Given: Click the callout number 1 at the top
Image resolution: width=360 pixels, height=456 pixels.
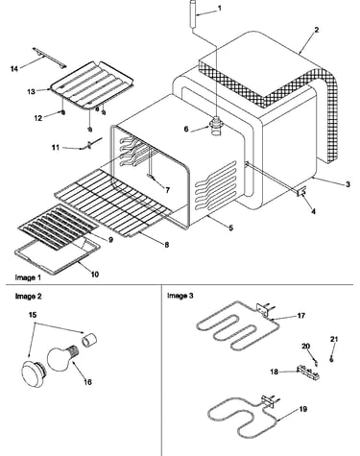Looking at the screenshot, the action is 219,9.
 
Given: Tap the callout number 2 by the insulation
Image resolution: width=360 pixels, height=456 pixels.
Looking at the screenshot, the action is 316,30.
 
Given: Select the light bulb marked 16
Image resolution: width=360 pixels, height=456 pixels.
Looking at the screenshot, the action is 63,358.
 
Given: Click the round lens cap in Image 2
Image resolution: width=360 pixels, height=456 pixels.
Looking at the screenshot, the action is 34,372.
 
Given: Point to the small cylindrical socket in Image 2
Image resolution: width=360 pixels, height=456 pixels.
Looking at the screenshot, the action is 89,340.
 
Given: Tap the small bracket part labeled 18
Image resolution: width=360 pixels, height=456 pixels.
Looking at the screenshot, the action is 308,372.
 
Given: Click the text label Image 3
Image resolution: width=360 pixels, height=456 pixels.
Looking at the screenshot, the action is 180,296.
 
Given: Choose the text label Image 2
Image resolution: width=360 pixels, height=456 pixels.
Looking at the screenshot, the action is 28,297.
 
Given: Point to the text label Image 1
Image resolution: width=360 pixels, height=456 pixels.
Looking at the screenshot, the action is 28,277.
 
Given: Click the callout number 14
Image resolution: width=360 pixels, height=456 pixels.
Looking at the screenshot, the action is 14,68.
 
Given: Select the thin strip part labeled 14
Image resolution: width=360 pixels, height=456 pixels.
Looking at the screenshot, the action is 49,58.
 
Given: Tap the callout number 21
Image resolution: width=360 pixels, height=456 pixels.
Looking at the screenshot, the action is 334,339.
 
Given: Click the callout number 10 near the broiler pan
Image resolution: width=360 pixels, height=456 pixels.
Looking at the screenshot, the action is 95,275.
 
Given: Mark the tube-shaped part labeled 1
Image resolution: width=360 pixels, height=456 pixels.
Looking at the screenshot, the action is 193,14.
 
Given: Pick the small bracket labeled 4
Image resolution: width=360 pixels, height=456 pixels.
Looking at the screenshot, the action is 301,192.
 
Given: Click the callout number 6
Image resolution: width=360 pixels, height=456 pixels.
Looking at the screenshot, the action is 186,129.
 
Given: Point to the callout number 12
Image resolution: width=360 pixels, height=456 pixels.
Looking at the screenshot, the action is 38,118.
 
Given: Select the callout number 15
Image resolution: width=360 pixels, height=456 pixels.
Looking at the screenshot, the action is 33,315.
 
